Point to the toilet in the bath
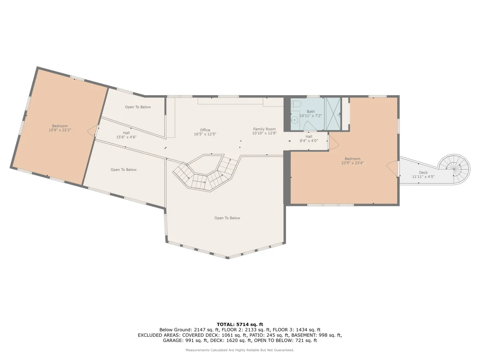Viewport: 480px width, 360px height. (296, 103)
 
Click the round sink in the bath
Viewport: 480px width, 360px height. (294, 120)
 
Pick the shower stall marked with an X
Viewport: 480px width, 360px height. (333, 114)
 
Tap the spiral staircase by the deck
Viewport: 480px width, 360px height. (454, 169)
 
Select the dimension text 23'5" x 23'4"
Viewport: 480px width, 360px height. (352, 163)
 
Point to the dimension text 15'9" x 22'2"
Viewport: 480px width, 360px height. (60, 130)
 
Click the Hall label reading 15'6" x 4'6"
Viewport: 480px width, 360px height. (126, 135)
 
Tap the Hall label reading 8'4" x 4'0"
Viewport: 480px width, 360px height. (309, 138)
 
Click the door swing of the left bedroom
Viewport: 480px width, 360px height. (92, 131)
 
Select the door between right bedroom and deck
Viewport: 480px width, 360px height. (393, 168)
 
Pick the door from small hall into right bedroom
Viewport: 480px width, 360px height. (333, 142)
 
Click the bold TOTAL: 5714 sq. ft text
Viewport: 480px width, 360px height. (240, 324)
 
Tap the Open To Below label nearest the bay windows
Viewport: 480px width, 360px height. (227, 218)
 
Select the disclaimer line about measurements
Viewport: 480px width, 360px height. (240, 350)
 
